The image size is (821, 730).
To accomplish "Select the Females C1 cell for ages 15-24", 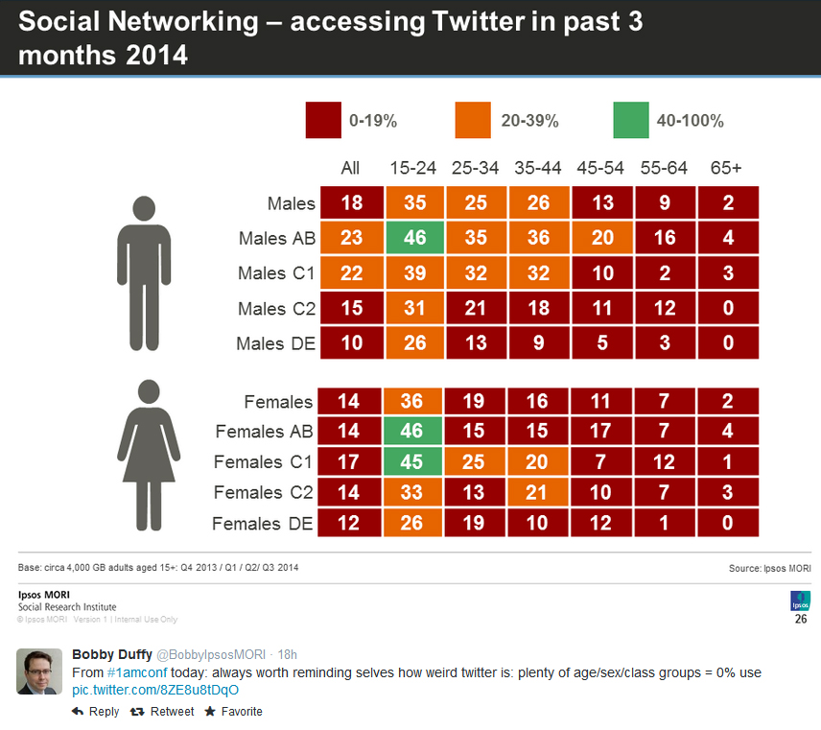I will [x=413, y=462].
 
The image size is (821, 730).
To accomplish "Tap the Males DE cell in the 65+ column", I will [x=728, y=342].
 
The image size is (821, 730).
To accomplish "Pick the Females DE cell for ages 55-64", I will [x=665, y=524].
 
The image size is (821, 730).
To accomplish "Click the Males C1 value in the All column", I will [x=350, y=273].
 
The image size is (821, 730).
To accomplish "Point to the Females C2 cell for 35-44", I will [x=539, y=493].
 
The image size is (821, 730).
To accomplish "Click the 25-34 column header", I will [x=476, y=168].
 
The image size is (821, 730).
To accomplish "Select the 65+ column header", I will [x=726, y=168].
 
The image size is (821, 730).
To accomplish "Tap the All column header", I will [x=350, y=168].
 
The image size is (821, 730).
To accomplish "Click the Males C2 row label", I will [x=276, y=308].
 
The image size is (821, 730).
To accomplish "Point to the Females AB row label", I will [x=265, y=432].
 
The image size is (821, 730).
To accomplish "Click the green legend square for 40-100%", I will [x=629, y=120].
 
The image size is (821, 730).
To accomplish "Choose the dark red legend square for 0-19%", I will [x=322, y=120].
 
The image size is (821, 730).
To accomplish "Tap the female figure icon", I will [x=148, y=455].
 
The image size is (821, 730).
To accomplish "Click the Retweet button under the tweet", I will [x=162, y=712].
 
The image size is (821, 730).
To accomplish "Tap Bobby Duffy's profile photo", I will [x=39, y=671].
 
